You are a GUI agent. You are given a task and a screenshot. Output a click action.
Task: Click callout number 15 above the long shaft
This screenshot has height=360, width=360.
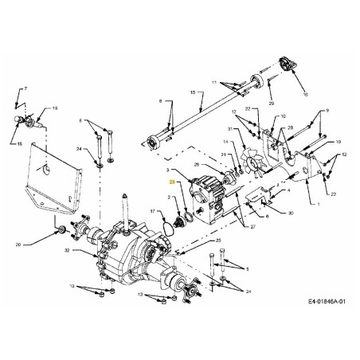tap(191, 93)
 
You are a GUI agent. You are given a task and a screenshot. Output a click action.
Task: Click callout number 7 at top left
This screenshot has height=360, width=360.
tap(25, 88)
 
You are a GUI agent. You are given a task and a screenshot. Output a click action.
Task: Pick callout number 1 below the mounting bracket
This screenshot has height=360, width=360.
tap(317, 205)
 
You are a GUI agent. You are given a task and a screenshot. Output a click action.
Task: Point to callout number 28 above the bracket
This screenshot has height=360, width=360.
tap(289, 128)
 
